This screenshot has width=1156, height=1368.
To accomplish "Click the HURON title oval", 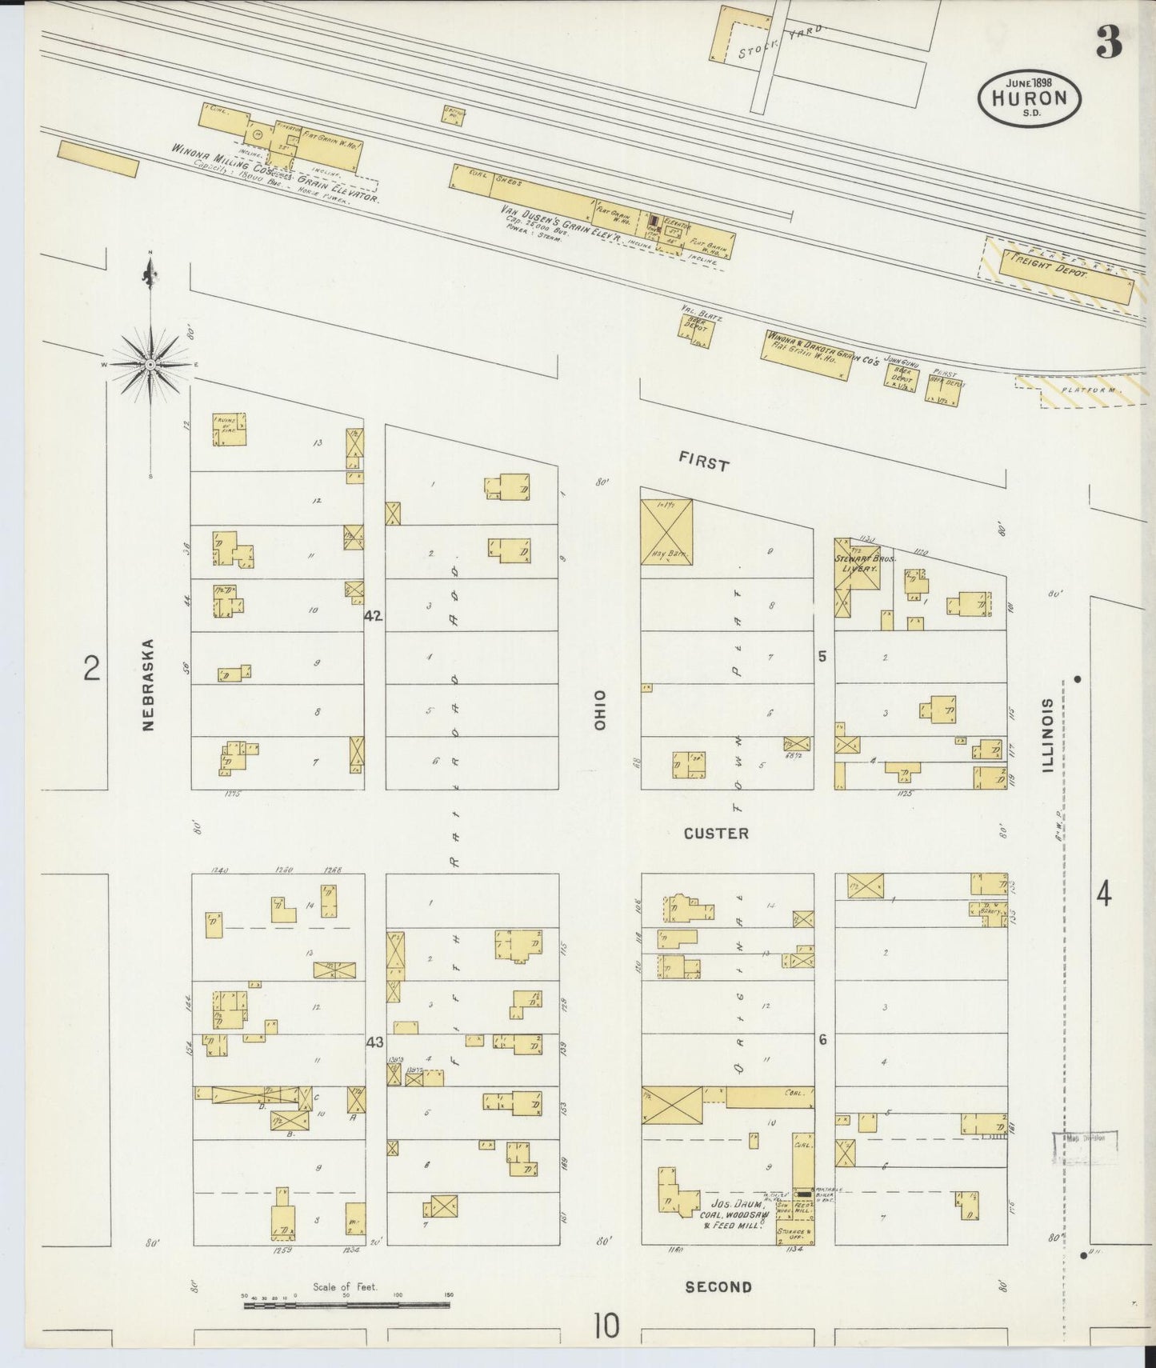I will click(1029, 97).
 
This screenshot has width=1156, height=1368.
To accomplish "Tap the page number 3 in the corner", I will click(1109, 42).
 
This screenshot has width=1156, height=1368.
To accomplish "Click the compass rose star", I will click(151, 364).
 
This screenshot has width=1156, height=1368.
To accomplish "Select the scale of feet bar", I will click(346, 1305).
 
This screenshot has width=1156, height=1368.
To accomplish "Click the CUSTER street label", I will click(716, 834).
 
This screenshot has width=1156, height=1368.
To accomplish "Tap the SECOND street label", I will click(718, 1286).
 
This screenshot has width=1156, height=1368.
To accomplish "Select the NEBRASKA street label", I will click(148, 684).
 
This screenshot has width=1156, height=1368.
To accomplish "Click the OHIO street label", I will click(600, 709).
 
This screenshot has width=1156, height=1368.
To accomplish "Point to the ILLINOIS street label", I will click(1047, 736).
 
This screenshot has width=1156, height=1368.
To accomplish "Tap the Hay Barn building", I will click(666, 532).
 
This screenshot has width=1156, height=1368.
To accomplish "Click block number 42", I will click(374, 616).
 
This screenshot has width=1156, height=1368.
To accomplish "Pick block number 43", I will click(374, 1042).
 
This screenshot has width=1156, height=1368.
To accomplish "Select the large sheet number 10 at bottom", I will click(606, 1326).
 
